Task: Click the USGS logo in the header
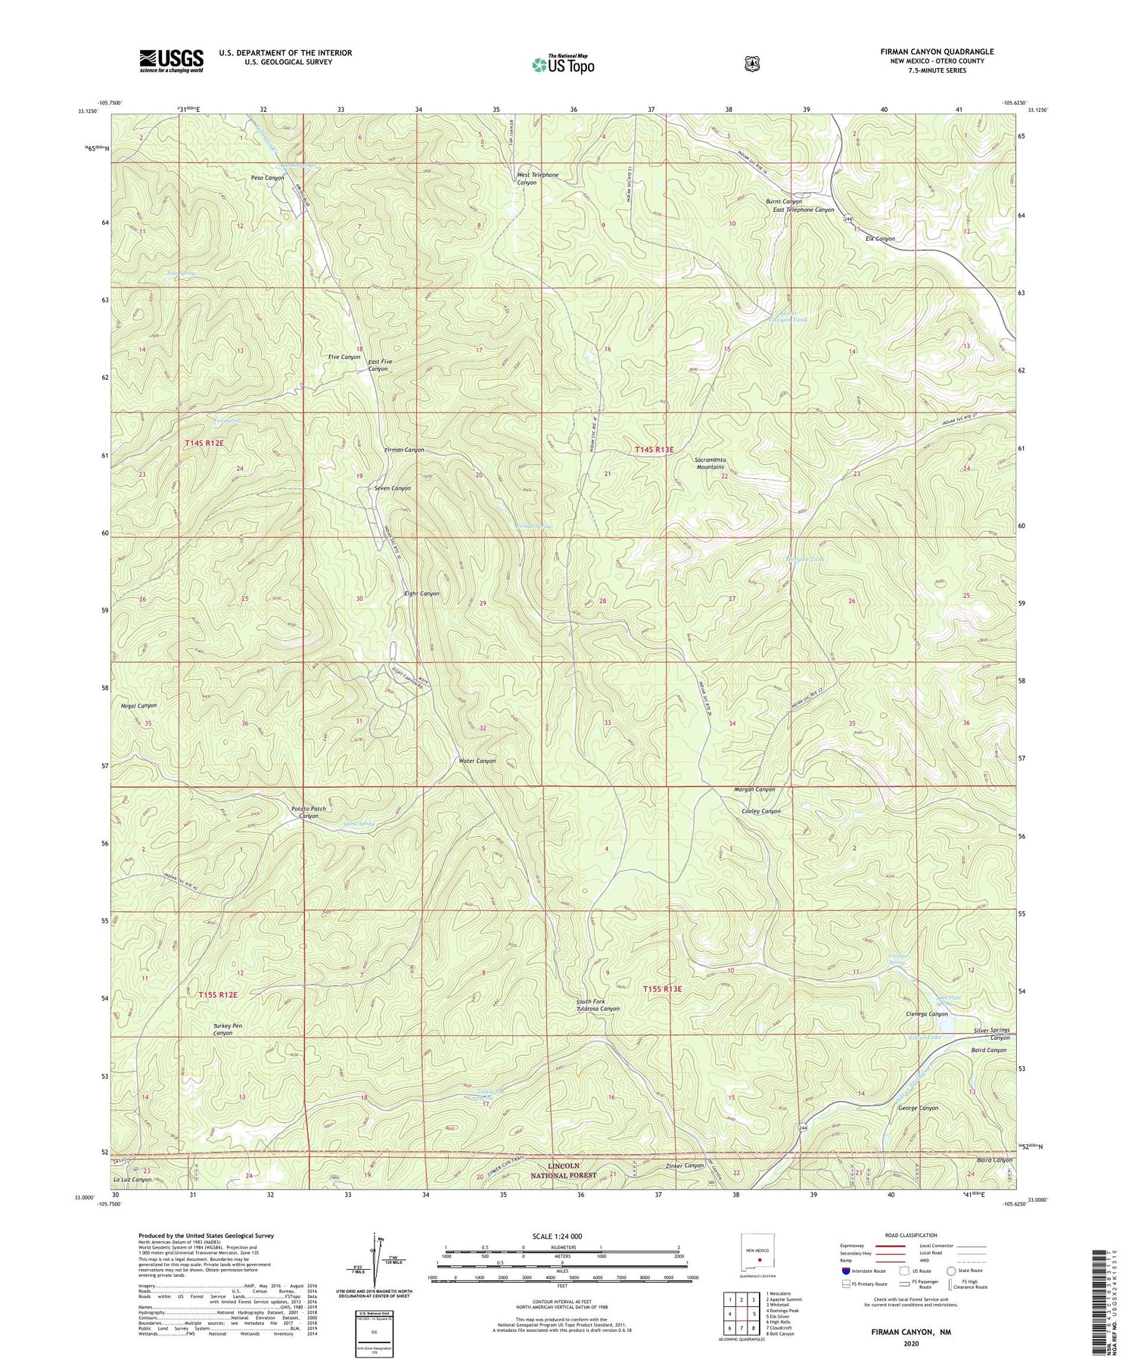pos(171,61)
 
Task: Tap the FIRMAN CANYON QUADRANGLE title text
pos(937,51)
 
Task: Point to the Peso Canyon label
pos(267,178)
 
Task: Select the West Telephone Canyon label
pos(537,179)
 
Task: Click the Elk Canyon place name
pos(880,238)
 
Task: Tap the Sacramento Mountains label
pos(711,463)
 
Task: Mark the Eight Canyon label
pos(421,593)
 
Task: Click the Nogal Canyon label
pos(138,705)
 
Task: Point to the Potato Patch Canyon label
pos(309,812)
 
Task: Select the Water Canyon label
pos(477,761)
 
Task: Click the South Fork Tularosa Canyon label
pos(598,1005)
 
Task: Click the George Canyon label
pos(917,1108)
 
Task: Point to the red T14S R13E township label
pos(653,450)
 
